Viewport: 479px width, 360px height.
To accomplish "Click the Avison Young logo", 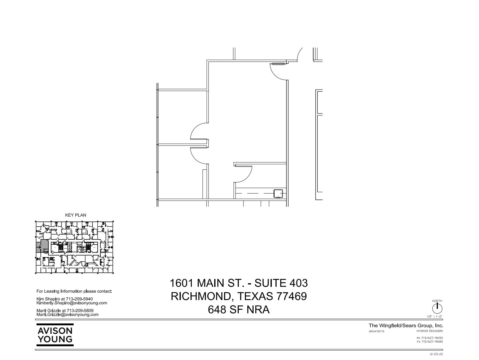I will click(x=55, y=335).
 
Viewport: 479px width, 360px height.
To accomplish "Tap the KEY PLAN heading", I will click(x=75, y=215).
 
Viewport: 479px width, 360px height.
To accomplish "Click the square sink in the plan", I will click(x=278, y=194).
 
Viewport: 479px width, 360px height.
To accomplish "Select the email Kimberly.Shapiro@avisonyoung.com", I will click(x=72, y=303).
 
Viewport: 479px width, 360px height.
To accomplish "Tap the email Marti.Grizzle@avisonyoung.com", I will click(x=68, y=315).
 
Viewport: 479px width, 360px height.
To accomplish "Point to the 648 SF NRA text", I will click(x=239, y=310).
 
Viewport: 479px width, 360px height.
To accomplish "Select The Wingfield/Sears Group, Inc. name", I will click(x=406, y=326).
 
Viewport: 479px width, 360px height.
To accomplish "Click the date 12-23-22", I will click(x=436, y=354).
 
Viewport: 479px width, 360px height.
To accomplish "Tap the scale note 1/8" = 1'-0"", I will click(x=435, y=317).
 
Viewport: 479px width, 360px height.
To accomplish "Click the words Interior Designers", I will click(x=429, y=331).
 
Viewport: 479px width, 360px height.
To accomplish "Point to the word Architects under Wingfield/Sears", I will click(x=376, y=331).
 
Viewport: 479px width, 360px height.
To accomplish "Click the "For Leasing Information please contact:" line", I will click(x=74, y=291).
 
